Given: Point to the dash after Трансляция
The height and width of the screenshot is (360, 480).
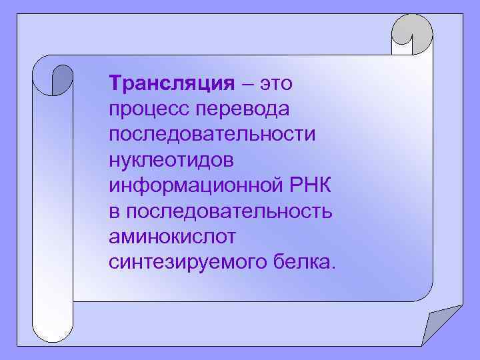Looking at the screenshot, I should pyautogui.click(x=248, y=85).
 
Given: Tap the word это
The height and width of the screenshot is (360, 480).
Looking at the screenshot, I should pyautogui.click(x=276, y=85).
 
